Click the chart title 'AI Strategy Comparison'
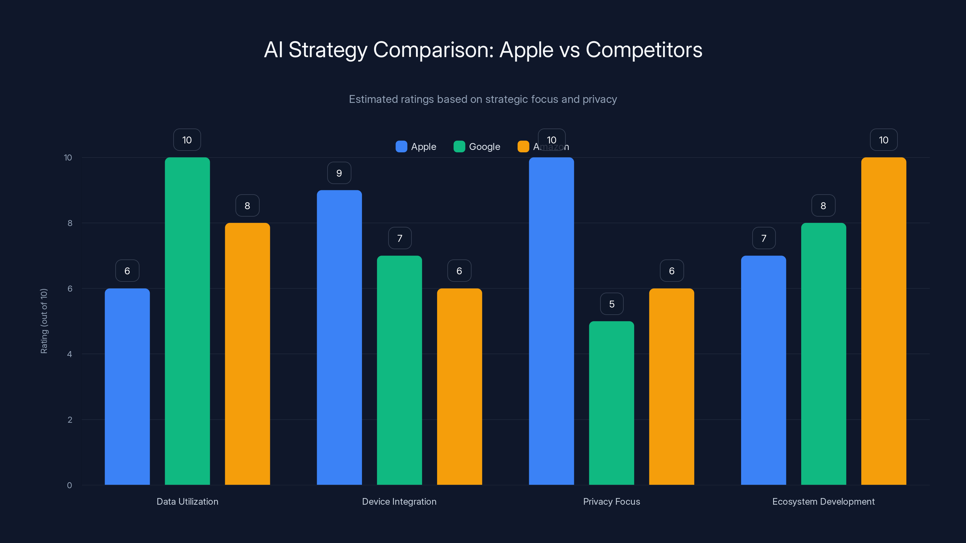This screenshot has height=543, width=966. [x=483, y=50]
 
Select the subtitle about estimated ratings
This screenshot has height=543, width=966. [x=483, y=99]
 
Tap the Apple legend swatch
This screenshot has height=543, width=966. [x=401, y=147]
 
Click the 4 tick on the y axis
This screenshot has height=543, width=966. [x=70, y=354]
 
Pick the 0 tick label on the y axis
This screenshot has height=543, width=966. [x=70, y=485]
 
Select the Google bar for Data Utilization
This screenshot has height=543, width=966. [x=187, y=321]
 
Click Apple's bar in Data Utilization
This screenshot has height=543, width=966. [x=127, y=386]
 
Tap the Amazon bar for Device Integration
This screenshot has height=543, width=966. [x=459, y=386]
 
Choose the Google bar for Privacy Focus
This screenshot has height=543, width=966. [x=612, y=403]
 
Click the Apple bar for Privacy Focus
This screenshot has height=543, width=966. [x=551, y=321]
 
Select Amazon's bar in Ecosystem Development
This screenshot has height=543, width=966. [x=884, y=321]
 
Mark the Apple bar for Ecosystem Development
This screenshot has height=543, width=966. [x=763, y=370]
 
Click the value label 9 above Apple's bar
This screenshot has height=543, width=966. [x=339, y=173]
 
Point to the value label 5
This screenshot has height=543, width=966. [x=612, y=304]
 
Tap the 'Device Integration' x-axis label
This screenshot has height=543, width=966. [x=399, y=501]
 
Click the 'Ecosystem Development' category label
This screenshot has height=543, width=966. [x=823, y=501]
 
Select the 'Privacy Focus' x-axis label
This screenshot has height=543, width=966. [x=611, y=501]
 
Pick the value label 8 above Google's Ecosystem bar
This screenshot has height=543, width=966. [x=823, y=206]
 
